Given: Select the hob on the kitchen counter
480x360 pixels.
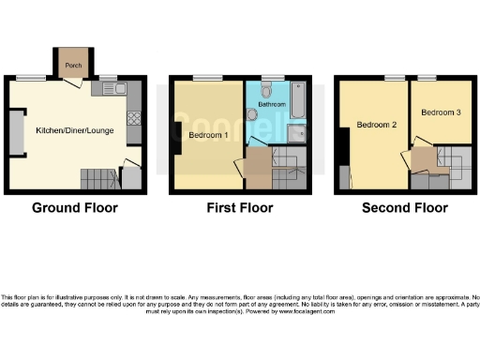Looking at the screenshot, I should coord(133,119).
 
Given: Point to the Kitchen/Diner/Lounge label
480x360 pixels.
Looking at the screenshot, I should coord(74,130).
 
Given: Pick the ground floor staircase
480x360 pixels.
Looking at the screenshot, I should coord(93,175).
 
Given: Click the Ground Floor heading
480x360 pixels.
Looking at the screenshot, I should coord(75,208).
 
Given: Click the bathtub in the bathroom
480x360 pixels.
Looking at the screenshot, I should coord(297,101).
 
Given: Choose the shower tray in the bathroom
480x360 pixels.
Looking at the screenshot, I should coord(296,134).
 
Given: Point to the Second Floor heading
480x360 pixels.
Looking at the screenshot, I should coord(404,208).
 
